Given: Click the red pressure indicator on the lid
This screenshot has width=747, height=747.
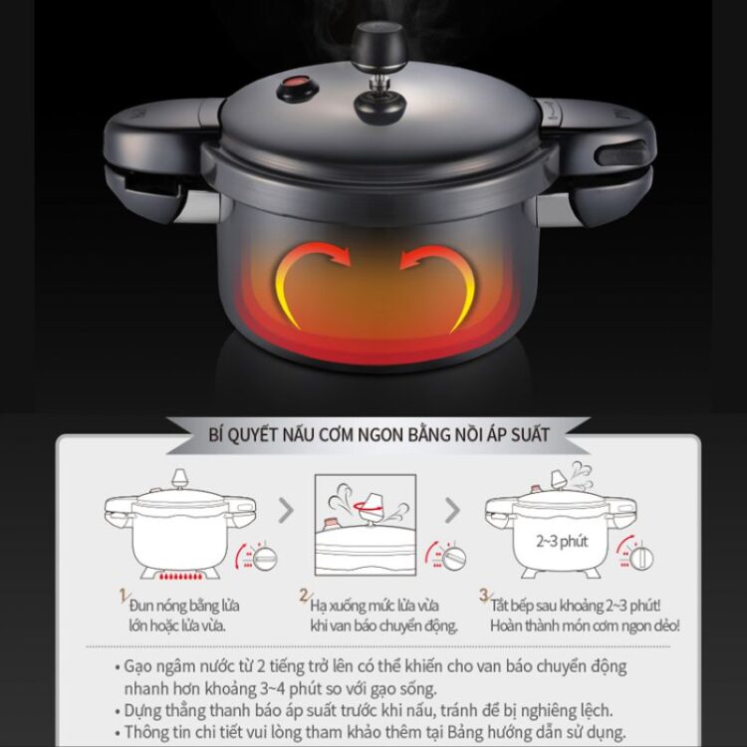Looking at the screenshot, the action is (x=296, y=88).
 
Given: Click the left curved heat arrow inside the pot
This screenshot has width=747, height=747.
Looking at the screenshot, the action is (x=309, y=281).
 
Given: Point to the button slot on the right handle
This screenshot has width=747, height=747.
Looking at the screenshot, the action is (x=621, y=153).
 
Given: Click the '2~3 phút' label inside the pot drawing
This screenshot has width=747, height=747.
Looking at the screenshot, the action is (x=562, y=541).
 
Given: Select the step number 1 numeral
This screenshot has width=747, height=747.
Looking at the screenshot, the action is (x=124, y=596).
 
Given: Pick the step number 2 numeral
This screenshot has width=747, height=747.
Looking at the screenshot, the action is (x=304, y=595).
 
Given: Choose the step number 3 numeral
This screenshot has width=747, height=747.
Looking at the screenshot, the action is (x=484, y=595).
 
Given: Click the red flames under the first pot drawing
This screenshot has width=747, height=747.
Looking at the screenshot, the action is (x=180, y=576).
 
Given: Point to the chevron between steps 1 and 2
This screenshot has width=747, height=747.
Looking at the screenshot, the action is (x=286, y=511).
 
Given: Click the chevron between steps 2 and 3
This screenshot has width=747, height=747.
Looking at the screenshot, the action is (x=452, y=511).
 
